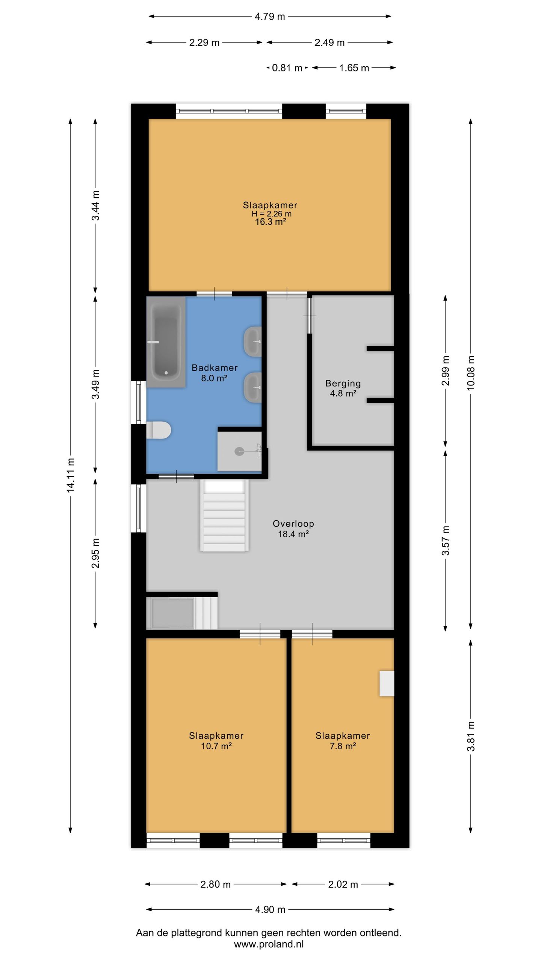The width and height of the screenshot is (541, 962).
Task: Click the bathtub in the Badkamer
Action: [166, 342]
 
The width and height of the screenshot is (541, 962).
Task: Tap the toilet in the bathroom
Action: [159, 430]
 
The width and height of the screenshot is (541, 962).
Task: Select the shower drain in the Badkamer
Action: [239, 451]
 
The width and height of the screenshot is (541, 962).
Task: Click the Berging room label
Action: [343, 383]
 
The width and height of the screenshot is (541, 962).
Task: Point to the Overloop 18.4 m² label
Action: [293, 529]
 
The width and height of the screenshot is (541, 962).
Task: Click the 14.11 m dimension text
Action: [70, 475]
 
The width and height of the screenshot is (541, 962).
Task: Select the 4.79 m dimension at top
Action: [270, 17]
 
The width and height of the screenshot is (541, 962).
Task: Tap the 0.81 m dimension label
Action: [287, 68]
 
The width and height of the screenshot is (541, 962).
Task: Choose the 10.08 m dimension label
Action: [471, 373]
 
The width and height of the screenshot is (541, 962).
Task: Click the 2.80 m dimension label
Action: [215, 884]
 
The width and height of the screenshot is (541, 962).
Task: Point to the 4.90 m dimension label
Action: [270, 909]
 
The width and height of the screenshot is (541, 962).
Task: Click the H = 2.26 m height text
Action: [271, 214]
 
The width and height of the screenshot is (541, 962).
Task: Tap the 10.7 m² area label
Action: [216, 746]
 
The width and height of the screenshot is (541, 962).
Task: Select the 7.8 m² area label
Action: [343, 746]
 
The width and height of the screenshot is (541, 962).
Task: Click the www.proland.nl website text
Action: [269, 944]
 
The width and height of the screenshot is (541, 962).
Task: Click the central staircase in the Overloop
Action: [224, 516]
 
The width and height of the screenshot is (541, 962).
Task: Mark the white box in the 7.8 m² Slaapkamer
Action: [387, 684]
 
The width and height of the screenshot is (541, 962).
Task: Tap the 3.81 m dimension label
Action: [471, 737]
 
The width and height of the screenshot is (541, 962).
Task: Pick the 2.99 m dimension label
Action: [446, 371]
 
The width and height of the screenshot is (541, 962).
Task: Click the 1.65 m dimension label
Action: [354, 68]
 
